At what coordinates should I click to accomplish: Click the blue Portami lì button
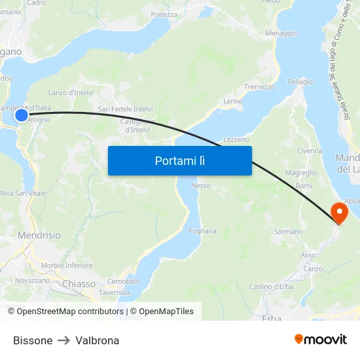[x=179, y=160]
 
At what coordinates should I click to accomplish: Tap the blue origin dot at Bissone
[x=22, y=115]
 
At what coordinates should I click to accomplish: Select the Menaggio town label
[x=281, y=33]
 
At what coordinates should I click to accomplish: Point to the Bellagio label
[x=300, y=82]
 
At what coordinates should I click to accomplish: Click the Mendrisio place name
[x=40, y=235]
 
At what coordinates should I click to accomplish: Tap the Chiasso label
[x=79, y=284]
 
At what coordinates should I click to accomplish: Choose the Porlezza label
[x=164, y=14]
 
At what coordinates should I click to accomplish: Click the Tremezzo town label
[x=259, y=87]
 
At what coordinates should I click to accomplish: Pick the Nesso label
[x=201, y=185]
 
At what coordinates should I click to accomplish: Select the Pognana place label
[x=202, y=231]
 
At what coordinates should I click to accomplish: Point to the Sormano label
[x=288, y=232]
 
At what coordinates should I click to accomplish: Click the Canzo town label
[x=313, y=269]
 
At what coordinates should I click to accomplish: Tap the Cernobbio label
[x=123, y=281]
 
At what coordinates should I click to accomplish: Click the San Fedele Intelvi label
[x=125, y=109]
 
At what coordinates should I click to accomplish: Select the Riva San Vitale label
[x=23, y=194]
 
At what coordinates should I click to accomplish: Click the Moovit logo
[x=320, y=340]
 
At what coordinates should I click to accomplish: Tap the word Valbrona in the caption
[x=98, y=340]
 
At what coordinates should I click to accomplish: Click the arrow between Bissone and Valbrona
[x=64, y=340]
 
